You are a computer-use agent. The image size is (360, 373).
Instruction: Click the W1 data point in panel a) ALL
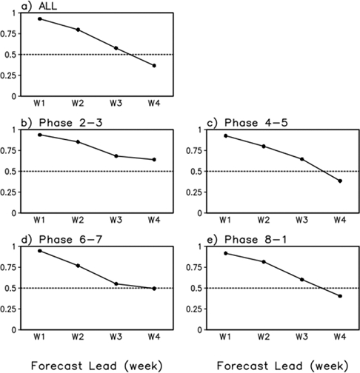pyautogui.click(x=39, y=19)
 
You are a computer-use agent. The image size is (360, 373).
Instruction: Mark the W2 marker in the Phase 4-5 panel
pyautogui.click(x=263, y=147)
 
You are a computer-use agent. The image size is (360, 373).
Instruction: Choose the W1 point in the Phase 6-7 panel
pyautogui.click(x=39, y=251)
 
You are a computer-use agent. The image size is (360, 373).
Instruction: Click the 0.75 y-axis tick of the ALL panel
pyautogui.click(x=10, y=33)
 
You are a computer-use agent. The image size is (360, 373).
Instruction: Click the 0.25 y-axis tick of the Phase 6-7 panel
pyautogui.click(x=10, y=309)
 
